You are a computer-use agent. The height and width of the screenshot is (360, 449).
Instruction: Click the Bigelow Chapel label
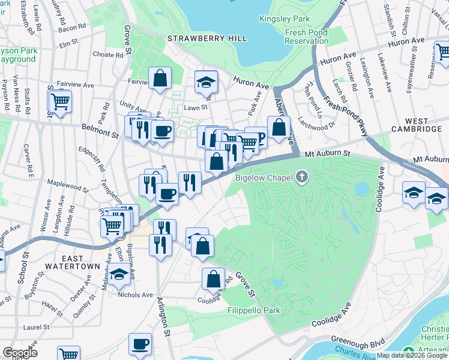(264, 177)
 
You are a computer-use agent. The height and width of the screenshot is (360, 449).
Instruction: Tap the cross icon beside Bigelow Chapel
(301, 177)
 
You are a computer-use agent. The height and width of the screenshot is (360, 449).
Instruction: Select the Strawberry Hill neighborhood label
(207, 38)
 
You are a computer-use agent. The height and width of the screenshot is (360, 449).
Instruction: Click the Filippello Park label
(255, 311)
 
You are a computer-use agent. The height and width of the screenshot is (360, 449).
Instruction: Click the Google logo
(20, 353)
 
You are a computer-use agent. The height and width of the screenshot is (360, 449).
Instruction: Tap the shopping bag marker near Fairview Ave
(160, 78)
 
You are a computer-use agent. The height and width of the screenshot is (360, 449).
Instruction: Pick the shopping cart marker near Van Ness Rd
(60, 101)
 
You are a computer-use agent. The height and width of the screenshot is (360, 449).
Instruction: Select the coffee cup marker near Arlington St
(140, 344)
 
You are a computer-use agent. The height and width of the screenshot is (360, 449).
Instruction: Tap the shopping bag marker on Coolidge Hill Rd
(213, 278)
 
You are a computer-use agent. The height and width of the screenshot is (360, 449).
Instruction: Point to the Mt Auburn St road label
(330, 154)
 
